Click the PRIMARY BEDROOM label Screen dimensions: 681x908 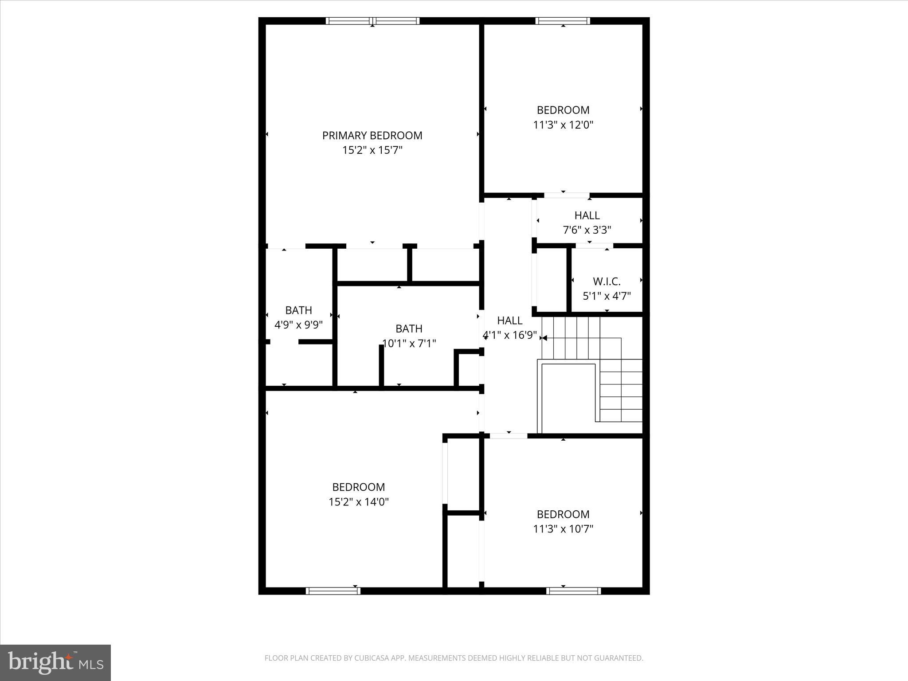(372, 136)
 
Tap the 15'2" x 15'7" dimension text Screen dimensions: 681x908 (372, 150)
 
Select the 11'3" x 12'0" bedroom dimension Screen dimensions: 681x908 (563, 125)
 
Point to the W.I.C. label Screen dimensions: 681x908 (607, 282)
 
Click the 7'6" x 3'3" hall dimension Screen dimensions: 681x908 (587, 230)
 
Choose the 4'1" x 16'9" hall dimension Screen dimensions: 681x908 (509, 335)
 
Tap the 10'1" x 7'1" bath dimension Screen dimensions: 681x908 (409, 343)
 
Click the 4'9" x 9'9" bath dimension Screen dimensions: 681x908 (298, 325)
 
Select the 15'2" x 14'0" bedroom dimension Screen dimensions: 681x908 (358, 502)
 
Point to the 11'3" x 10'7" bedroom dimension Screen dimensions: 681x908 (563, 529)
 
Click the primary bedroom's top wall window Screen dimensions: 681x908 (372, 21)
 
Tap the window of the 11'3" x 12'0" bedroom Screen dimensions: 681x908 (563, 21)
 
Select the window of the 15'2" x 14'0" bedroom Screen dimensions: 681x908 (333, 591)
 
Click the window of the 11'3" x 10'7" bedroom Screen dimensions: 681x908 (574, 591)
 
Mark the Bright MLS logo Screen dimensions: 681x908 (55, 662)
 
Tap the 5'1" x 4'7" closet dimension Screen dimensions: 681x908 (607, 296)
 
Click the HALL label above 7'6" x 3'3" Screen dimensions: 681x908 (587, 215)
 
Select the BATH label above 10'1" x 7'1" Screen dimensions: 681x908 (409, 329)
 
